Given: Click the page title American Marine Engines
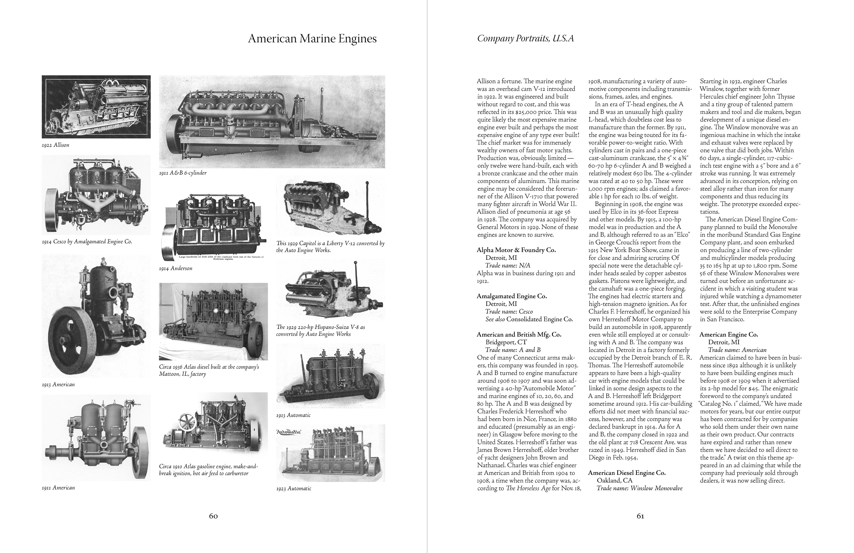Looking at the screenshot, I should [312, 39].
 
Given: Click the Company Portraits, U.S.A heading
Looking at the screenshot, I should [525, 38].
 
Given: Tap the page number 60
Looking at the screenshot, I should [213, 516].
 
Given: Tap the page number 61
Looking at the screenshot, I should [640, 516].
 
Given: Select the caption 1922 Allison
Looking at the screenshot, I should [56, 145].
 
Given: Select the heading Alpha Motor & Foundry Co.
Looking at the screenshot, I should [516, 250].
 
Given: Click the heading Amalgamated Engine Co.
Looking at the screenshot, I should [512, 296].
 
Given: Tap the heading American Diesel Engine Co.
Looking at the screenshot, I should [627, 473].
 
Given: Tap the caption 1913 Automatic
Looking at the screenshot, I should [293, 415].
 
